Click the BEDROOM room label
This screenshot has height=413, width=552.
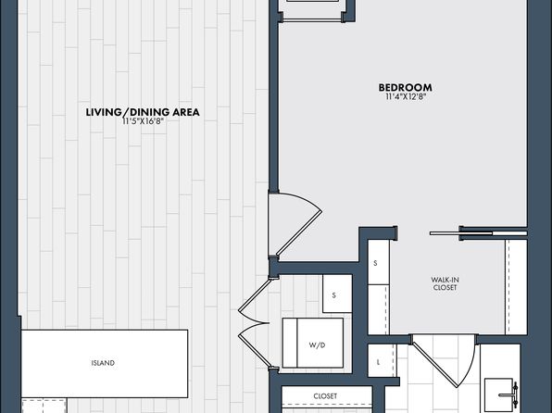tap(405, 87)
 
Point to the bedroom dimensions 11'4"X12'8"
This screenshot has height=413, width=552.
tap(406, 97)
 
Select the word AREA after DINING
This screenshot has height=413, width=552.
tap(186, 112)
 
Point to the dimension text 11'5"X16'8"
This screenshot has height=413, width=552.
tap(144, 122)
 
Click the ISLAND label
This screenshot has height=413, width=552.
tap(103, 363)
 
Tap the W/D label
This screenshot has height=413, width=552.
tap(317, 345)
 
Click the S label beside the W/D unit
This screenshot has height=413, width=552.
tap(334, 295)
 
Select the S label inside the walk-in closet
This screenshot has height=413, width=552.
tap(375, 263)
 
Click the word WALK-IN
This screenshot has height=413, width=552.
tap(445, 280)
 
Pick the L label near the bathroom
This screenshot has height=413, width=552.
tap(379, 362)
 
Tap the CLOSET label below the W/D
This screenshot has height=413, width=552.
tap(325, 396)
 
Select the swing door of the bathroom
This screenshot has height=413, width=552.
tap(445, 360)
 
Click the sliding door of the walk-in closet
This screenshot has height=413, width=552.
tap(479, 233)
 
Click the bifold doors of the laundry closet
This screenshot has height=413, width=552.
tap(254, 322)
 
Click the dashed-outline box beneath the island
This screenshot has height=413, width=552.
tap(44, 406)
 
